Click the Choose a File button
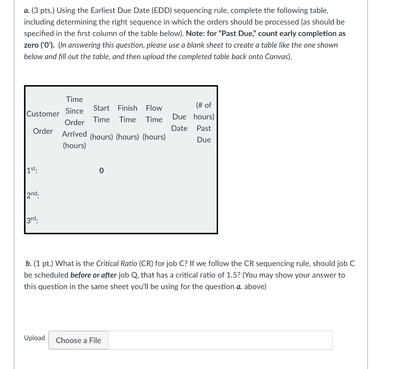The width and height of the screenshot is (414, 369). (x=78, y=340)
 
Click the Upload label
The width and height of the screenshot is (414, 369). (x=34, y=338)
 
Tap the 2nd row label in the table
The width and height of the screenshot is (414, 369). (x=33, y=195)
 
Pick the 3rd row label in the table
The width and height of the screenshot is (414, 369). (x=32, y=220)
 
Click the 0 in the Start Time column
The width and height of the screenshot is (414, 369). (x=101, y=171)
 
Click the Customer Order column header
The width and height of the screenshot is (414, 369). (x=43, y=122)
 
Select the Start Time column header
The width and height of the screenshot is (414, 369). (x=101, y=114)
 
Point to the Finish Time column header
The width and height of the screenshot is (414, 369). (x=127, y=114)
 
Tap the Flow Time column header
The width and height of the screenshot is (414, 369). (x=154, y=114)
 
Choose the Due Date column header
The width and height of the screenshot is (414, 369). (x=179, y=122)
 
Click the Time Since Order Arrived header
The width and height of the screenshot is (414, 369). (x=74, y=122)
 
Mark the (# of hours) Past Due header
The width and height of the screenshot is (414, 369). (x=204, y=122)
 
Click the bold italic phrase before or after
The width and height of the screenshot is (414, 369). (x=93, y=275)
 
